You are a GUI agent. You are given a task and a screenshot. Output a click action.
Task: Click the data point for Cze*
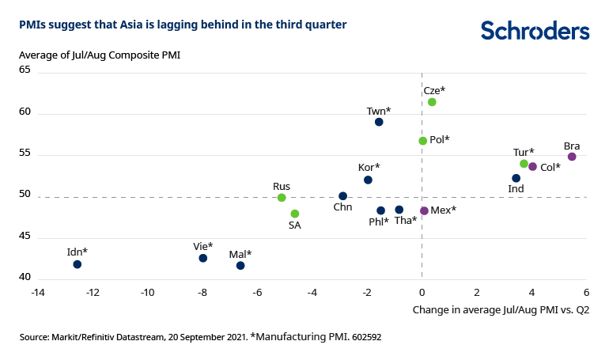coord(432,102)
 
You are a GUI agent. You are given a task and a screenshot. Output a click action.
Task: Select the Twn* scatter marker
coord(379,122)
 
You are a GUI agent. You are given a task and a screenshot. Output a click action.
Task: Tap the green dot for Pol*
coord(422,141)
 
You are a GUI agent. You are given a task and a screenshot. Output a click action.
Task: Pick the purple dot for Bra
coord(572,157)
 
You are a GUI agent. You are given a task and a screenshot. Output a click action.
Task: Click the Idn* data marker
coord(77,264)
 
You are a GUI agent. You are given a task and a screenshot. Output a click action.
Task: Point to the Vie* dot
coord(203,258)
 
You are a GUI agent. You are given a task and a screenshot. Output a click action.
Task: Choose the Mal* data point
coord(240,266)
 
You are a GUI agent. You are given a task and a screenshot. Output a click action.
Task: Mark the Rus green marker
coord(282,198)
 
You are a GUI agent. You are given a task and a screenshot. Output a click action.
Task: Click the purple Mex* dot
coord(424,211)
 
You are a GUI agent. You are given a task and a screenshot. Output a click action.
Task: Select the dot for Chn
coord(342,196)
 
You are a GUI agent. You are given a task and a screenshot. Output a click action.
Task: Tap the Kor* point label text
coord(369,168)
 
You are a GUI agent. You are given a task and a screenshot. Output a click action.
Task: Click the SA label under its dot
coord(294,225)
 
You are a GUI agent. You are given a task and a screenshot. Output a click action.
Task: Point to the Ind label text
coord(516,190)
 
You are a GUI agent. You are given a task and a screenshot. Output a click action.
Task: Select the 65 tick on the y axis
coord(25,70)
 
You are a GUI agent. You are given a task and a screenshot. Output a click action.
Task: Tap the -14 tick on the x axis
coord(37,293)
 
